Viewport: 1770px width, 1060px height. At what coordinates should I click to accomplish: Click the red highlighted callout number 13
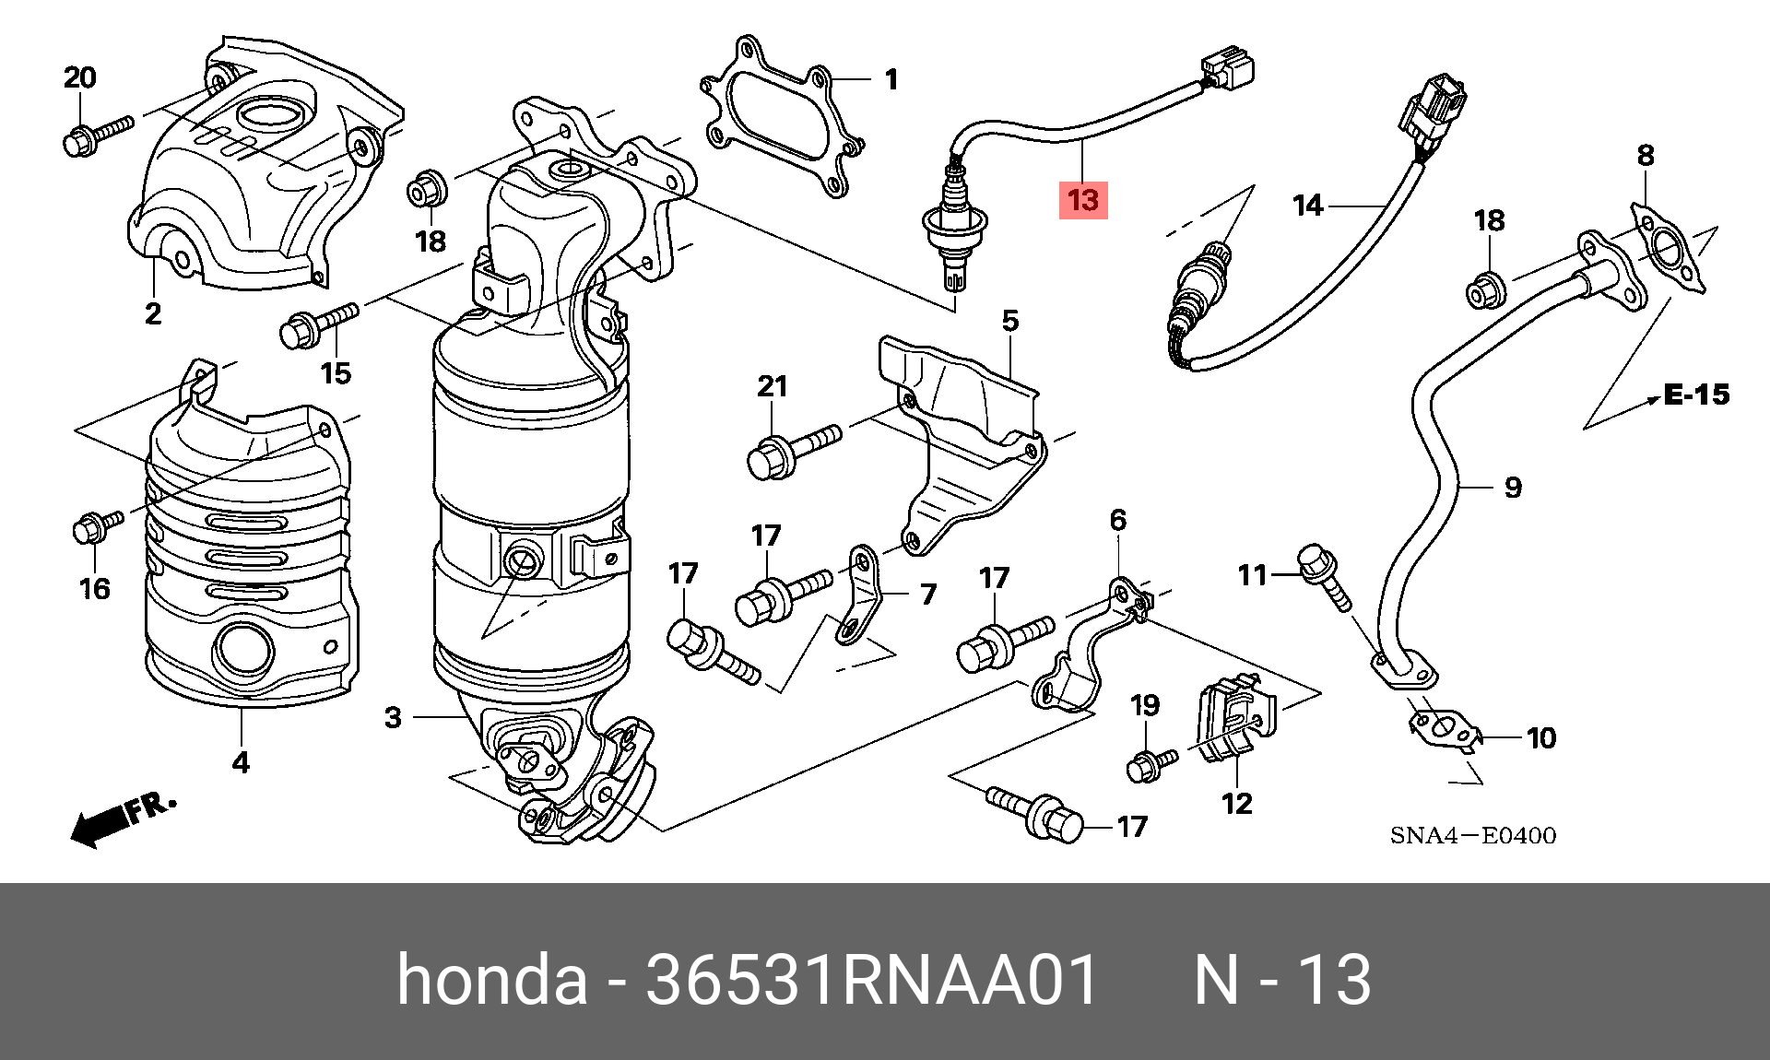(x=1083, y=200)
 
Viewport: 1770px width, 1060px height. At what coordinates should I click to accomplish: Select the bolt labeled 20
(x=97, y=133)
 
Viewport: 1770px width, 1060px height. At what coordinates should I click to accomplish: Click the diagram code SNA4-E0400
(x=1472, y=836)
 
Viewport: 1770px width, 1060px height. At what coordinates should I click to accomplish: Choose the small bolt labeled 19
(x=1150, y=763)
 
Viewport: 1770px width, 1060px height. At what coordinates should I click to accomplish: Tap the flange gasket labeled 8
(x=1666, y=249)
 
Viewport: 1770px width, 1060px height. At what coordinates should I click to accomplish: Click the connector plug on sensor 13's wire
(x=1229, y=70)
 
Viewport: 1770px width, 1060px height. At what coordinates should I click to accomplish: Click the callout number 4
(x=240, y=763)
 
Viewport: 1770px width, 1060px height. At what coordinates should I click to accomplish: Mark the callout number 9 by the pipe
(x=1512, y=487)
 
